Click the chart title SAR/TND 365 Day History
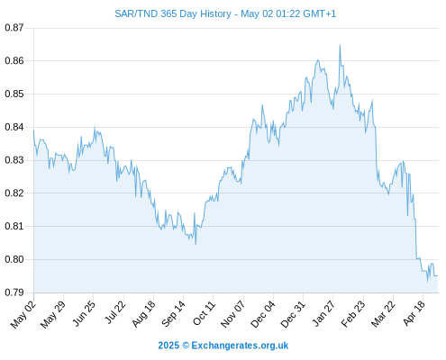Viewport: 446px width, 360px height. click(x=173, y=13)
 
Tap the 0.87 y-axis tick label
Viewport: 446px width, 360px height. click(x=14, y=28)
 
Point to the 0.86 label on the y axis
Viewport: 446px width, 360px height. click(x=14, y=61)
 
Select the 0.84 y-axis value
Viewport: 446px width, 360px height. click(x=14, y=127)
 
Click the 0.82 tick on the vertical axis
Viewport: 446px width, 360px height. click(x=14, y=193)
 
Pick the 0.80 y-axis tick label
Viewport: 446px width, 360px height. click(x=14, y=259)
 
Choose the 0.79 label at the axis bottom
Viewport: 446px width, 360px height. click(x=14, y=292)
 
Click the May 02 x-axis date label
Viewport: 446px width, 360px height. click(x=23, y=314)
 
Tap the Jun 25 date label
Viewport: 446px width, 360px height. click(x=84, y=313)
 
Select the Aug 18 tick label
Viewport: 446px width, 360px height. click(x=143, y=314)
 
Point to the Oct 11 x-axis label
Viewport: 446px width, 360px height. click(x=204, y=313)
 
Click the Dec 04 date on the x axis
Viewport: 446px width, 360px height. click(x=262, y=314)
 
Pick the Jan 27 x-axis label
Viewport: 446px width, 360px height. click(x=323, y=313)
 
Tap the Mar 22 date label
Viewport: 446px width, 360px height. click(x=383, y=314)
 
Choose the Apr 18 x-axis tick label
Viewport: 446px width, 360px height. click(x=414, y=313)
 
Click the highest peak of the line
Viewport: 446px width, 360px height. click(x=340, y=45)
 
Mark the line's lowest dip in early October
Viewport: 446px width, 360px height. click(x=196, y=244)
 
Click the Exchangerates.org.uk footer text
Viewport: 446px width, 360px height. click(x=240, y=346)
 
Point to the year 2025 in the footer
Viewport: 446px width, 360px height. click(x=168, y=346)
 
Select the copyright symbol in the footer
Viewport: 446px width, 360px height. click(x=186, y=346)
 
